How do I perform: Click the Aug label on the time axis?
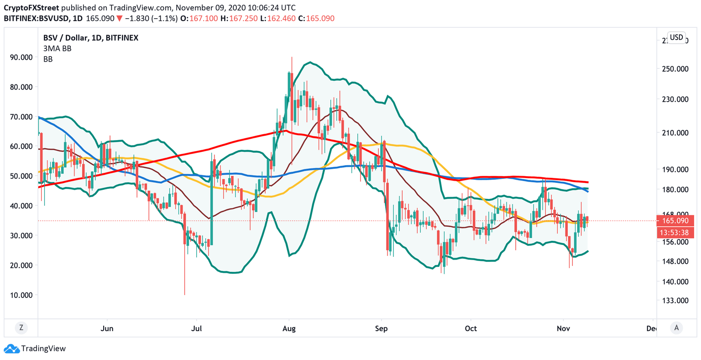[x=289, y=329]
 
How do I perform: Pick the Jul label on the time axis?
[x=196, y=329]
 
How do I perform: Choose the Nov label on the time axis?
[x=564, y=329]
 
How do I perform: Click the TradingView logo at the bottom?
[x=37, y=349]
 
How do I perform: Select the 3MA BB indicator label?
[x=57, y=48]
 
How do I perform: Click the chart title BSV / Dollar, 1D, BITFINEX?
[x=90, y=38]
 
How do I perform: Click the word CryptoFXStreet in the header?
[x=31, y=8]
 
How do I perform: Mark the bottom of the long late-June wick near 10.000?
[x=185, y=294]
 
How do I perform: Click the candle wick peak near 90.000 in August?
[x=291, y=57]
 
